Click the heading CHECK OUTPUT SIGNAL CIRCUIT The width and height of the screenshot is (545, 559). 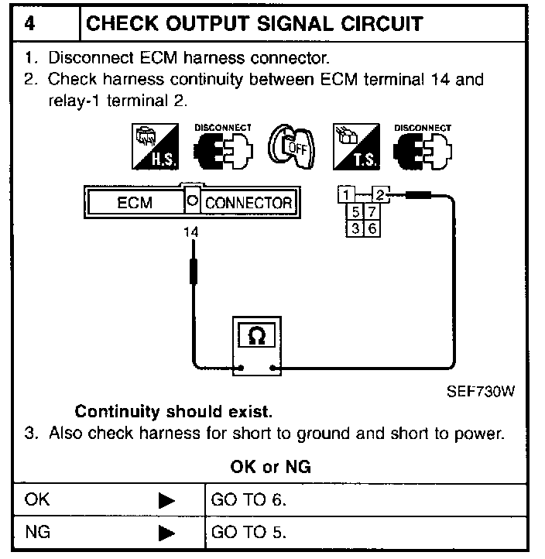click(x=255, y=24)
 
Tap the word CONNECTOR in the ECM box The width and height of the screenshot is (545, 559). click(x=249, y=204)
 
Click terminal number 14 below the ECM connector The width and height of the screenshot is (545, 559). click(x=190, y=231)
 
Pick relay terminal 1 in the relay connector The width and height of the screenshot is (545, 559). click(x=349, y=194)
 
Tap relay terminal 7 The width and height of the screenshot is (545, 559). click(x=372, y=211)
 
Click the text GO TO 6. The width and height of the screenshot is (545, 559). click(x=249, y=499)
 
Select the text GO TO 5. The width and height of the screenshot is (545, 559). click(x=249, y=533)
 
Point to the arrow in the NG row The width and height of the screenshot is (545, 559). click(x=166, y=534)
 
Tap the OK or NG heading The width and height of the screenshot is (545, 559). click(x=271, y=468)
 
